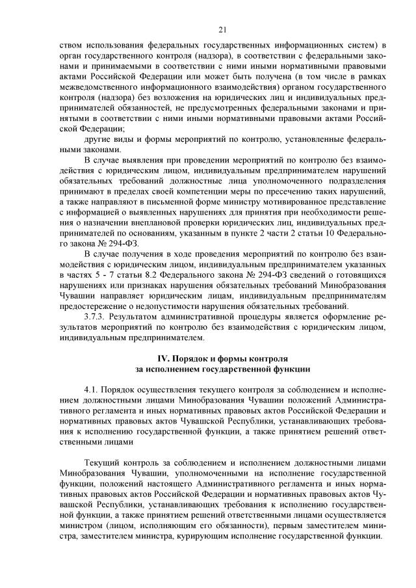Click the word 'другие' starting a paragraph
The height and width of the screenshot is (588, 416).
(98, 139)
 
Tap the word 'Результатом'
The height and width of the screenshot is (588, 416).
(136, 318)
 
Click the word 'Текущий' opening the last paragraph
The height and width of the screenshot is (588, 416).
(101, 461)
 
